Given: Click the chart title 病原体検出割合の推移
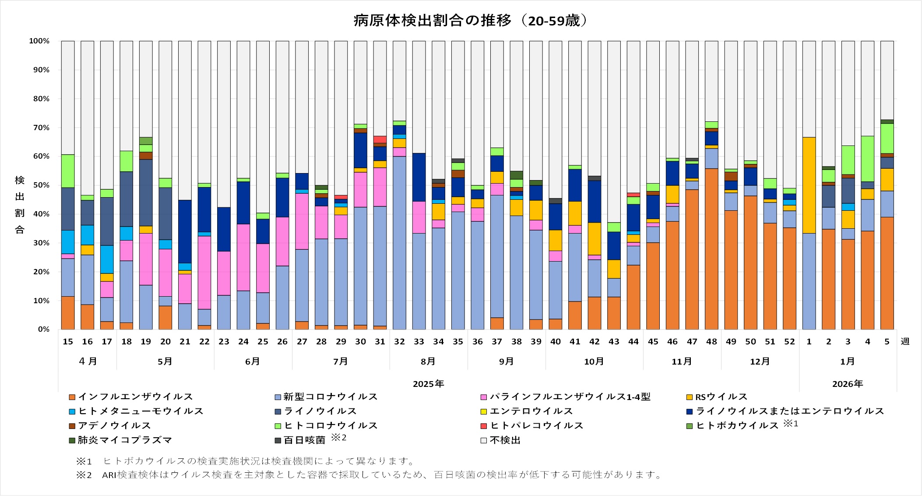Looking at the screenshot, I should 471,21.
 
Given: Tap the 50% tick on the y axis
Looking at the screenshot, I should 39,185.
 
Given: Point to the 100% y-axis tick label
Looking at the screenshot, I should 39,41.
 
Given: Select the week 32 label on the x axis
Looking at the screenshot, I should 399,342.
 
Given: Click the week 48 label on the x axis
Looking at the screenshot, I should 711,342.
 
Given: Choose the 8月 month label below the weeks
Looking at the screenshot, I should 428,361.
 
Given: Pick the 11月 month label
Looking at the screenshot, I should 682,361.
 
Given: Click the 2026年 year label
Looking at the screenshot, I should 848,384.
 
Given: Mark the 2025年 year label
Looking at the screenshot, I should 428,384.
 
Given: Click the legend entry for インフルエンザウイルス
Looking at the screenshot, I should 135,397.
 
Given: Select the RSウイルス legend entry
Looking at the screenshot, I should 721,397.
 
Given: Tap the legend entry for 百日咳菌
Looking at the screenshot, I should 304,440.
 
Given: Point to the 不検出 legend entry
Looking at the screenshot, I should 505,440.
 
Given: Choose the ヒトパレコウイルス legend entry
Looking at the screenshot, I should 536,425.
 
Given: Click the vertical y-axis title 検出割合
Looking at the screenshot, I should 20,205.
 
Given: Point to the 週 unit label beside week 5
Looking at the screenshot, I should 905,341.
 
